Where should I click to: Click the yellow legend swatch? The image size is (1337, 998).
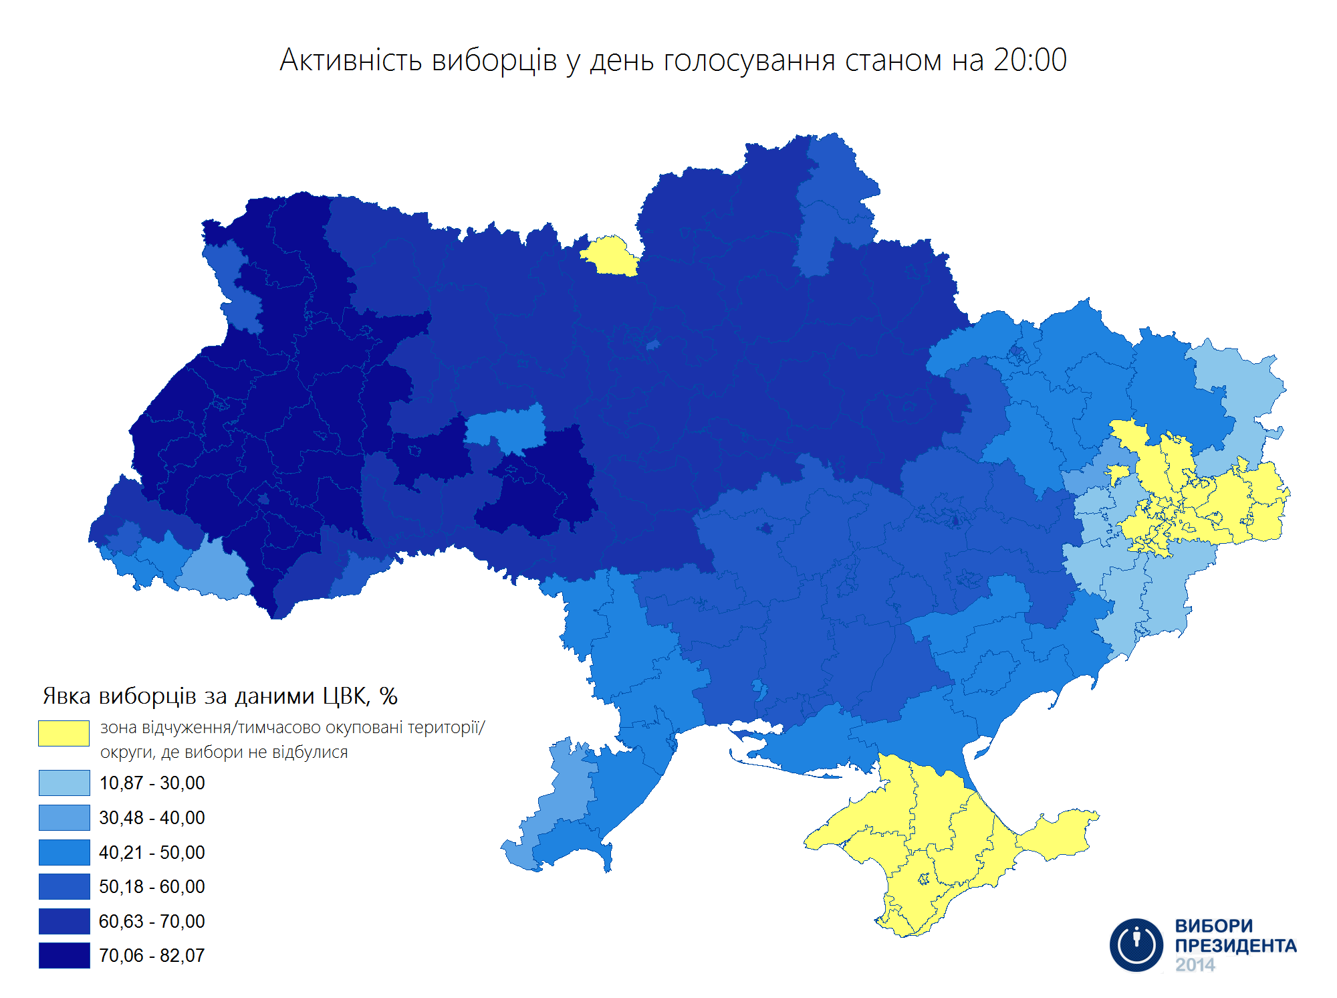pyautogui.click(x=64, y=733)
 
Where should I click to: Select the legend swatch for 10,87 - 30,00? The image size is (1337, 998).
pyautogui.click(x=64, y=783)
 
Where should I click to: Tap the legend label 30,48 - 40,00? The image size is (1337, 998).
pyautogui.click(x=152, y=817)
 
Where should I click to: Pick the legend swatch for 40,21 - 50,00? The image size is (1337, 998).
pyautogui.click(x=64, y=852)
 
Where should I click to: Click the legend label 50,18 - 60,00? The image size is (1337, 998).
pyautogui.click(x=152, y=887)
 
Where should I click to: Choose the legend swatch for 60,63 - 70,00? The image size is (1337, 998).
pyautogui.click(x=64, y=921)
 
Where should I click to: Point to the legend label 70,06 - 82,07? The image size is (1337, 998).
pyautogui.click(x=152, y=956)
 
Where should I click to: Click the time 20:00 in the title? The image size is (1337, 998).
pyautogui.click(x=1029, y=60)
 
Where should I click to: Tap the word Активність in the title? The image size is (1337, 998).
pyautogui.click(x=351, y=60)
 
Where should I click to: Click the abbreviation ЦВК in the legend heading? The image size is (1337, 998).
pyautogui.click(x=346, y=696)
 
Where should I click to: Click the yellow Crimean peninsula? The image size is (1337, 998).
pyautogui.click(x=936, y=843)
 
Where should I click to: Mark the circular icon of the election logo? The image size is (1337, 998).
pyautogui.click(x=1136, y=944)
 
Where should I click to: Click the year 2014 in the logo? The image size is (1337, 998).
pyautogui.click(x=1195, y=965)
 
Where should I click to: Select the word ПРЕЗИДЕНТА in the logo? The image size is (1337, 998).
pyautogui.click(x=1235, y=946)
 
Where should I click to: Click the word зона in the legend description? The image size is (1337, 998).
pyautogui.click(x=118, y=728)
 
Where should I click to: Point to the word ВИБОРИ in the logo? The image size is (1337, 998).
pyautogui.click(x=1213, y=926)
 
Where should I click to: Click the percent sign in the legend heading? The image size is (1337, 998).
pyautogui.click(x=388, y=696)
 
